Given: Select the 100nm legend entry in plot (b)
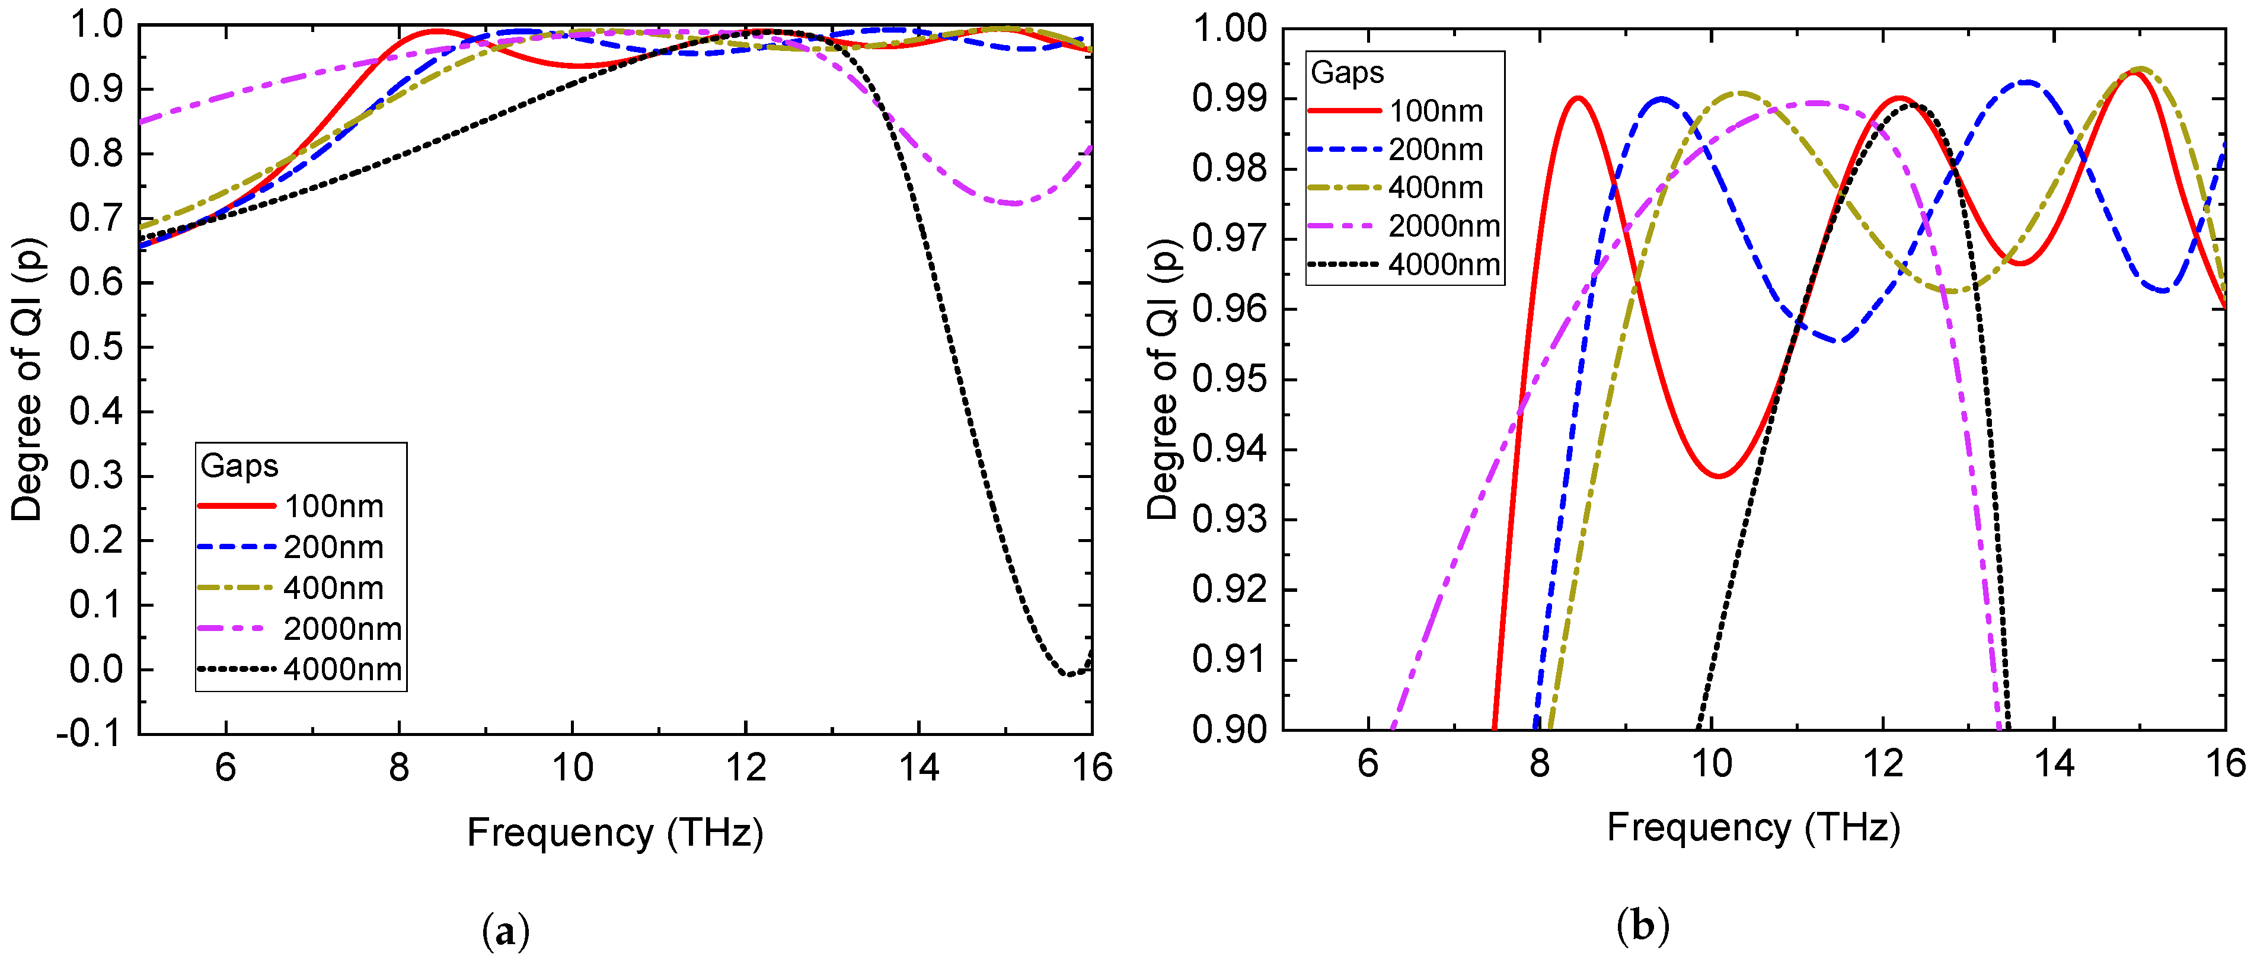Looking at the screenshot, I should pyautogui.click(x=1436, y=111).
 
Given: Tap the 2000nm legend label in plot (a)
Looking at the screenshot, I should pyautogui.click(x=342, y=629).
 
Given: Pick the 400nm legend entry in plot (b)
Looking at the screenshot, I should pyautogui.click(x=1436, y=187).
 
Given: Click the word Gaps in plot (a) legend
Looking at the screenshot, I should pyautogui.click(x=239, y=466).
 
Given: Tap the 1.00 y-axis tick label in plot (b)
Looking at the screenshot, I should pyautogui.click(x=1230, y=29).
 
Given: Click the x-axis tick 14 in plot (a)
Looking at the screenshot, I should pyautogui.click(x=918, y=768).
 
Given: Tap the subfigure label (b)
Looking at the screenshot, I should pyautogui.click(x=1642, y=925).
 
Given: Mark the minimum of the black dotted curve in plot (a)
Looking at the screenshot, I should pyautogui.click(x=1068, y=674).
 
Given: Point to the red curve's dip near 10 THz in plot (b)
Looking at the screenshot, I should pyautogui.click(x=1719, y=476).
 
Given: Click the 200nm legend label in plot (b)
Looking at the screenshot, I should pyautogui.click(x=1436, y=149).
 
